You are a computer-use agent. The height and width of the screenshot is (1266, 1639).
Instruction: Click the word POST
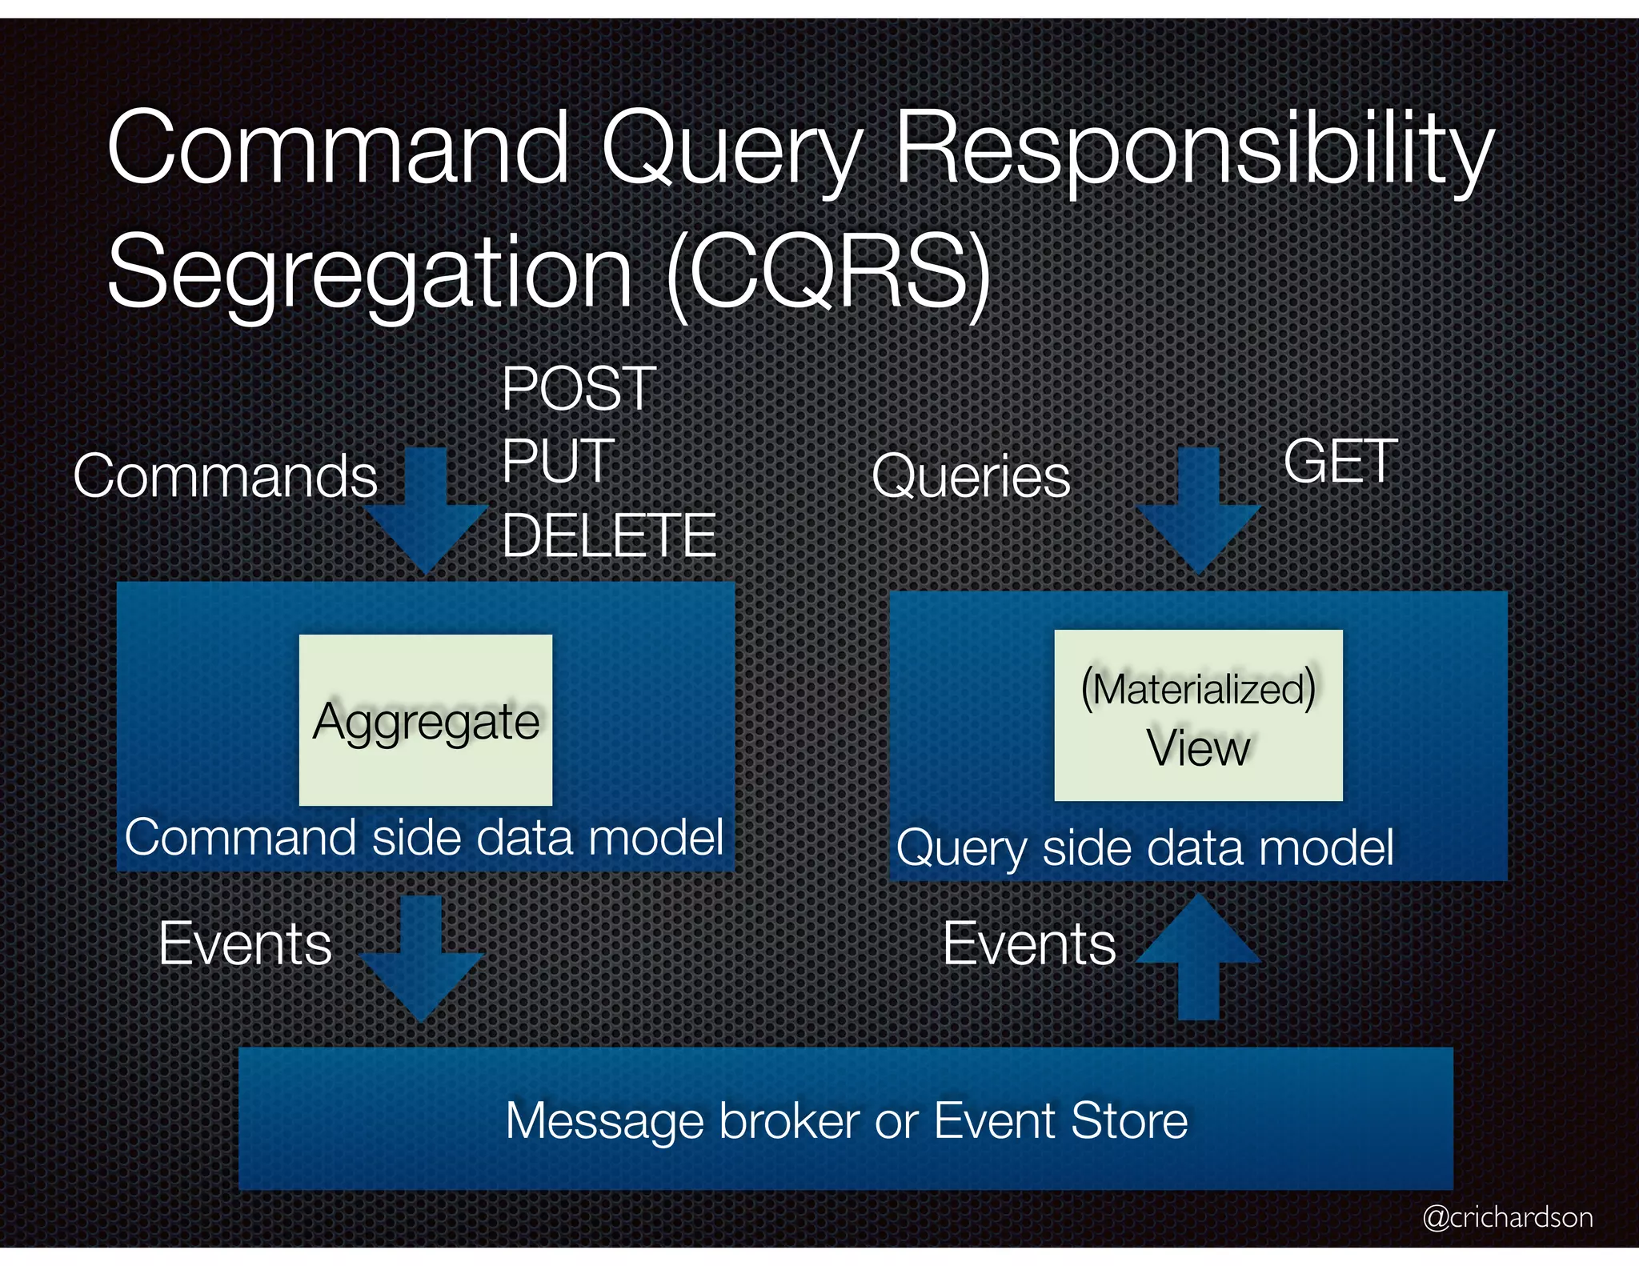pos(579,389)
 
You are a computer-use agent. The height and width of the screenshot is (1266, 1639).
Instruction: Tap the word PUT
pos(558,461)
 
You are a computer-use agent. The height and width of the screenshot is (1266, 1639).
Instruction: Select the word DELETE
pos(608,535)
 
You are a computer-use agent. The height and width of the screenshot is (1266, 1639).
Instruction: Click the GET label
pos(1340,462)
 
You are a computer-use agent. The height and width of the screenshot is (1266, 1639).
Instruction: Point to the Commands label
pos(225,476)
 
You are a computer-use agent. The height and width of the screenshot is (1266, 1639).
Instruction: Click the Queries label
pos(970,477)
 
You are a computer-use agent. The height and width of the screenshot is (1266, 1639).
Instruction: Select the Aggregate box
pos(425,719)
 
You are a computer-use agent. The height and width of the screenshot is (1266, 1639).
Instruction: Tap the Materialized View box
pos(1198,715)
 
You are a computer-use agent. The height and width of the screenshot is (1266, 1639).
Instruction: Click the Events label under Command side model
pos(245,943)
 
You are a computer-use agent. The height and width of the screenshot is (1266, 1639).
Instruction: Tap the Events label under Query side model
pos(1029,943)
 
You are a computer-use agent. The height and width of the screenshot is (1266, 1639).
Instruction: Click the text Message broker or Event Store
pos(846,1120)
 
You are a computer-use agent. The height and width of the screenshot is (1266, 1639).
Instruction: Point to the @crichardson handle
pos(1507,1217)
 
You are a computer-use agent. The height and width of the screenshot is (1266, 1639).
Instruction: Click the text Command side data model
pos(424,838)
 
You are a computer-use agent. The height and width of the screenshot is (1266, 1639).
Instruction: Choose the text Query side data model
pos(1144,847)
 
